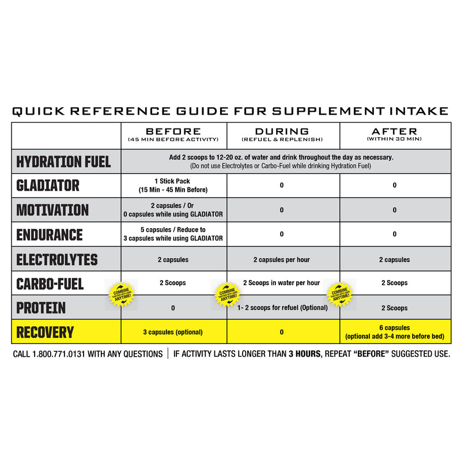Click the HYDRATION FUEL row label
click(x=63, y=161)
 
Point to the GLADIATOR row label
click(x=48, y=186)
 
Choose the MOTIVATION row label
click(x=53, y=210)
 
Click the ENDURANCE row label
click(x=50, y=235)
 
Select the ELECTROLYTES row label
click(x=57, y=260)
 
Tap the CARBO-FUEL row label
click(x=50, y=284)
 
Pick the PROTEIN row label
click(x=41, y=308)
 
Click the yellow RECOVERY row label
click(x=46, y=332)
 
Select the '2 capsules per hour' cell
click(x=282, y=260)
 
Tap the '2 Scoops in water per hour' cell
click(x=282, y=283)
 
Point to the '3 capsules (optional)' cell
click(x=173, y=332)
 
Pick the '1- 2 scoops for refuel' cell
click(x=282, y=308)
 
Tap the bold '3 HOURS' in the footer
click(x=302, y=354)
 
